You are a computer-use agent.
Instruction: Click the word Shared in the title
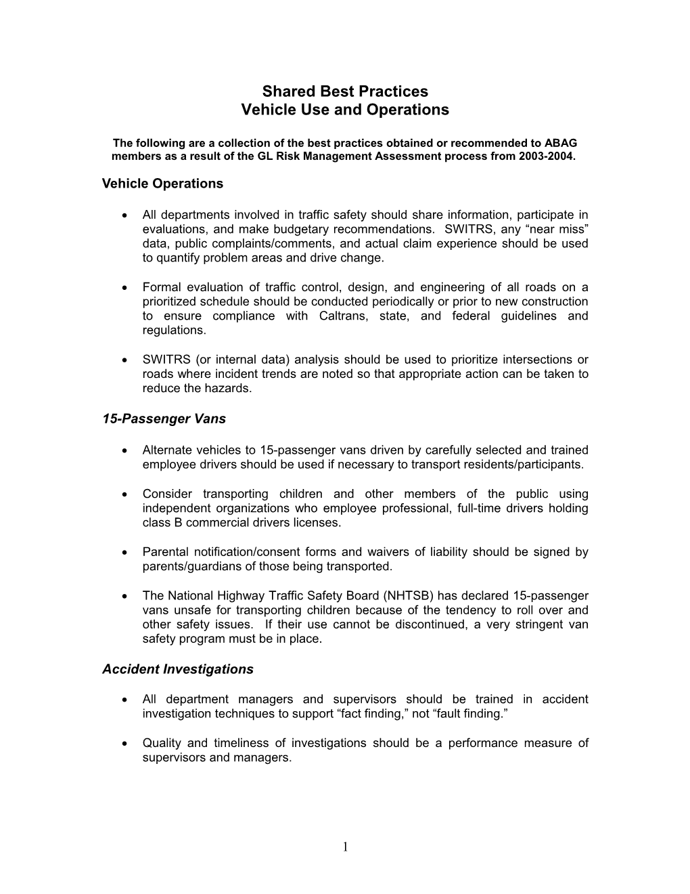[285, 91]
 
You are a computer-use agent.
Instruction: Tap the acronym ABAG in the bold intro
[563, 143]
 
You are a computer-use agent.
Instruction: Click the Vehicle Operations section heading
[162, 184]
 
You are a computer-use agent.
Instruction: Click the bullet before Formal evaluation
[125, 288]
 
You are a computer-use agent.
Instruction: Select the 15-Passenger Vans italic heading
[164, 419]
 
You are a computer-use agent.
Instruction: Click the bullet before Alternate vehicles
[125, 450]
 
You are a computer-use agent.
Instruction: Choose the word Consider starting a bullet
[167, 494]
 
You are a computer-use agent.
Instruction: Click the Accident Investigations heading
[178, 669]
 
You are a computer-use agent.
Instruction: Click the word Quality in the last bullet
[162, 743]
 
